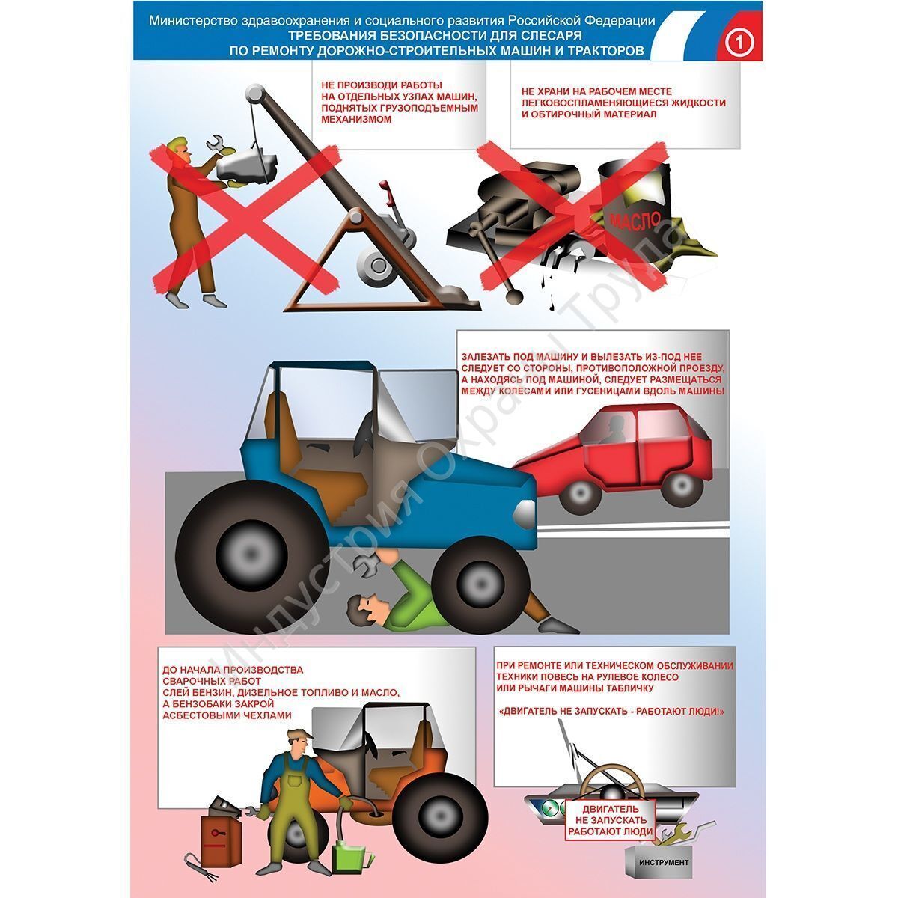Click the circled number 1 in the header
(x=739, y=43)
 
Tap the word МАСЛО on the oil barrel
(x=635, y=221)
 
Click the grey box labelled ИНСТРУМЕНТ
(x=663, y=850)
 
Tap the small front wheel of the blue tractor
(x=479, y=584)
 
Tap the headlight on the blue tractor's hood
(x=525, y=514)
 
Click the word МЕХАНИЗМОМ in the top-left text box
(x=356, y=119)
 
